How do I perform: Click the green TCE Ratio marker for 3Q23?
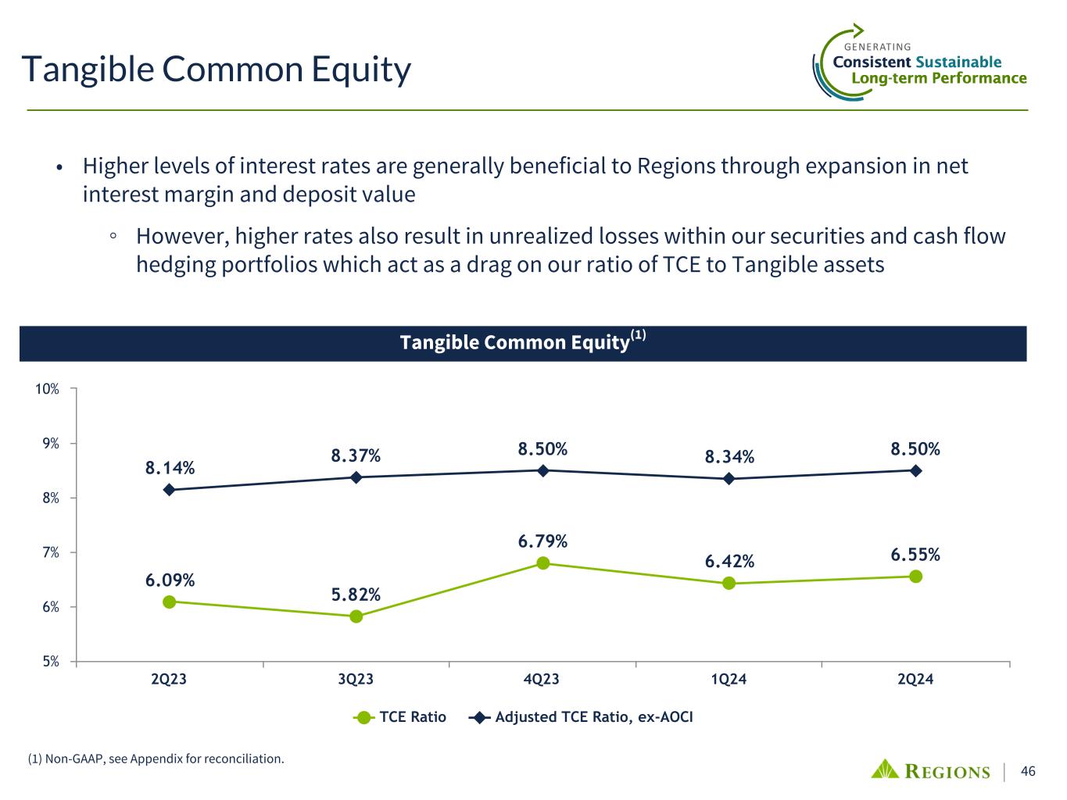point(356,616)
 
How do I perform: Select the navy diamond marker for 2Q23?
point(169,490)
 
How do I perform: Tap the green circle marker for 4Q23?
point(542,563)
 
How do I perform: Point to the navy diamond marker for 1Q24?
point(729,479)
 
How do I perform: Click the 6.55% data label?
point(915,555)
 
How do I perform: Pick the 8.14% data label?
point(170,468)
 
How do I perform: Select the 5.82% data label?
point(356,595)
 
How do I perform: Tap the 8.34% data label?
point(729,457)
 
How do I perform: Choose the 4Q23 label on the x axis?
point(542,680)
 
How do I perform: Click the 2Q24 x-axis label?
point(915,680)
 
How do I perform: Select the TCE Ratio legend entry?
point(400,717)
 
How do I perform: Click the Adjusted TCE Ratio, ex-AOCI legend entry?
point(582,717)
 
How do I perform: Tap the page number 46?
point(1028,772)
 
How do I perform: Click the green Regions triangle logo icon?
point(885,770)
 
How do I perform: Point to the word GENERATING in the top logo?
point(878,47)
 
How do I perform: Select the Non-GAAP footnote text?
point(156,759)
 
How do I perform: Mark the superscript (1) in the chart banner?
point(638,336)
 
